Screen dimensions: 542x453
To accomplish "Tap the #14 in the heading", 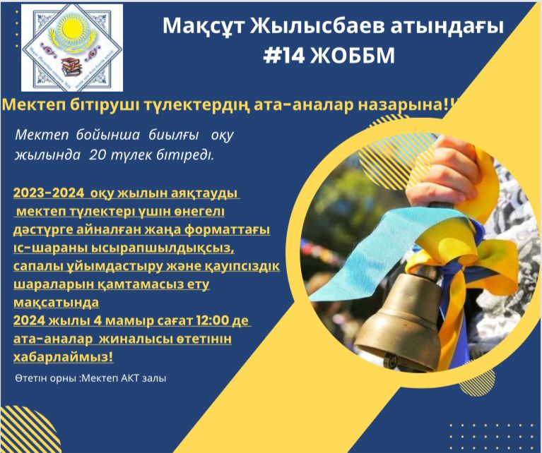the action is (284, 55).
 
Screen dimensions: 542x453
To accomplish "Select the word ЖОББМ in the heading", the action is (352, 56).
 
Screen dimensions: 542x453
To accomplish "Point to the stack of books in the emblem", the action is (72, 67).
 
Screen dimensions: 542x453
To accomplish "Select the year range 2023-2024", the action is (49, 193).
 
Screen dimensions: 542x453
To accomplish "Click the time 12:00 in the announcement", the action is (207, 321).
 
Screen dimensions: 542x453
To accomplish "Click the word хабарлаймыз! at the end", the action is (64, 357).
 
